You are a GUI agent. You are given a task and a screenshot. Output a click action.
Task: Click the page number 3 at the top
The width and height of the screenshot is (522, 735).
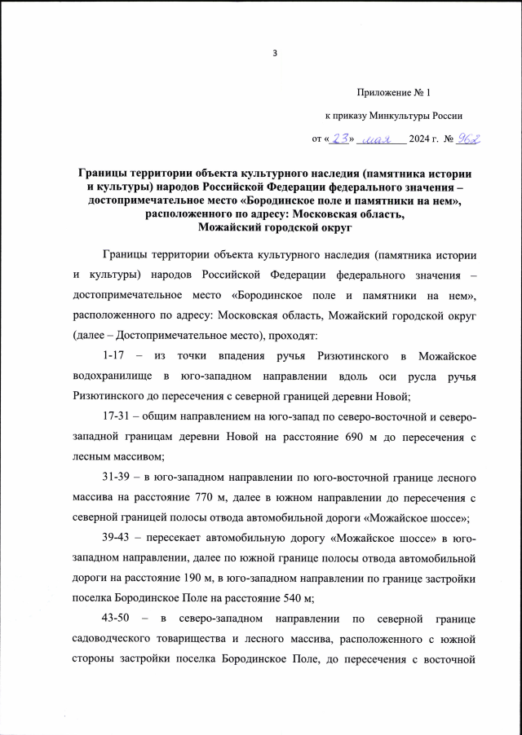[x=276, y=55]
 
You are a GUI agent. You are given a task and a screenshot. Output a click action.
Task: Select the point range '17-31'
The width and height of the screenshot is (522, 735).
[x=119, y=417]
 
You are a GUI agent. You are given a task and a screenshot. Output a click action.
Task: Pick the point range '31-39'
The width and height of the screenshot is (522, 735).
[x=119, y=476]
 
